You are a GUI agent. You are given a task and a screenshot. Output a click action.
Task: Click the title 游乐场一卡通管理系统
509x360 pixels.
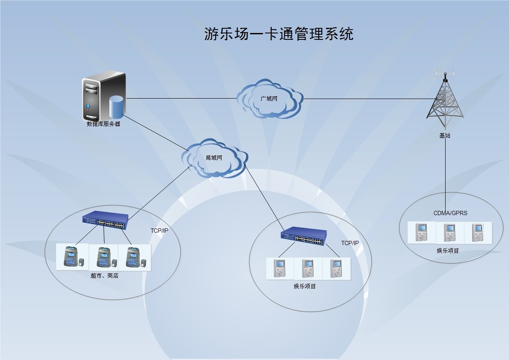[x=279, y=34]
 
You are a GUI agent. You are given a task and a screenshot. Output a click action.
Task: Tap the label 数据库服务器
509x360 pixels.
[x=103, y=124]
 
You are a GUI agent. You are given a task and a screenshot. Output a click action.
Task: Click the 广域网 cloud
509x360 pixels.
[x=269, y=99]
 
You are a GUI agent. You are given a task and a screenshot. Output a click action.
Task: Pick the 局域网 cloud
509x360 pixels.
[x=214, y=158]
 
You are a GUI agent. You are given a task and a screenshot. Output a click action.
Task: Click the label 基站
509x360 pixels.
[x=445, y=135]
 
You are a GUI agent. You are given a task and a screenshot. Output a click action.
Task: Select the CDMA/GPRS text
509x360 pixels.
[x=450, y=213]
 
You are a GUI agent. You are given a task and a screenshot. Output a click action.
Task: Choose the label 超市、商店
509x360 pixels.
[x=104, y=276]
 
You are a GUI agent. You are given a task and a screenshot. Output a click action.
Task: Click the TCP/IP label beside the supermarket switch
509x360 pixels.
[x=159, y=231]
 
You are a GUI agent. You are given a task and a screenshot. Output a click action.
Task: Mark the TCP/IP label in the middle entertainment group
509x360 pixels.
[x=350, y=243]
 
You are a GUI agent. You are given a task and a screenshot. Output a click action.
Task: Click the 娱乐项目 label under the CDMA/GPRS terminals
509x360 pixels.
[x=448, y=250]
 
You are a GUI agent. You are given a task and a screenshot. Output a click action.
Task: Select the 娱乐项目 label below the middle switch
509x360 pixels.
[x=305, y=286]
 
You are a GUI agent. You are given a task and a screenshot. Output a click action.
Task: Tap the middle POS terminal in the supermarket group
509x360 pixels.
[x=104, y=257]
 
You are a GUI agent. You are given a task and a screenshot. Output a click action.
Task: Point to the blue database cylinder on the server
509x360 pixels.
[x=116, y=107]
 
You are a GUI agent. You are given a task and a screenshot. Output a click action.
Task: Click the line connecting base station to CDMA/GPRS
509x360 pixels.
[x=445, y=171]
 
